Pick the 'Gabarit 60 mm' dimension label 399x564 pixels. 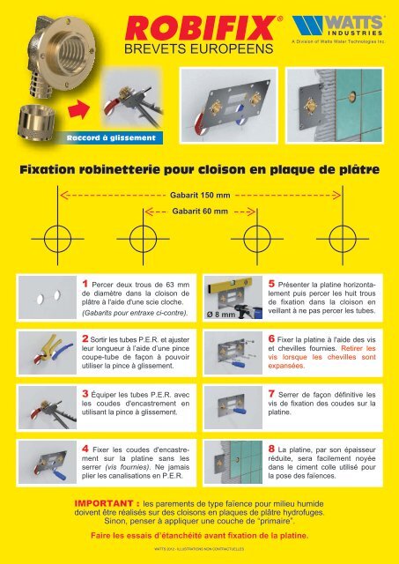[200, 211]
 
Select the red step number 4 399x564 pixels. [85, 435]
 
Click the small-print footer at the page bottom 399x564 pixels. [200, 551]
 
